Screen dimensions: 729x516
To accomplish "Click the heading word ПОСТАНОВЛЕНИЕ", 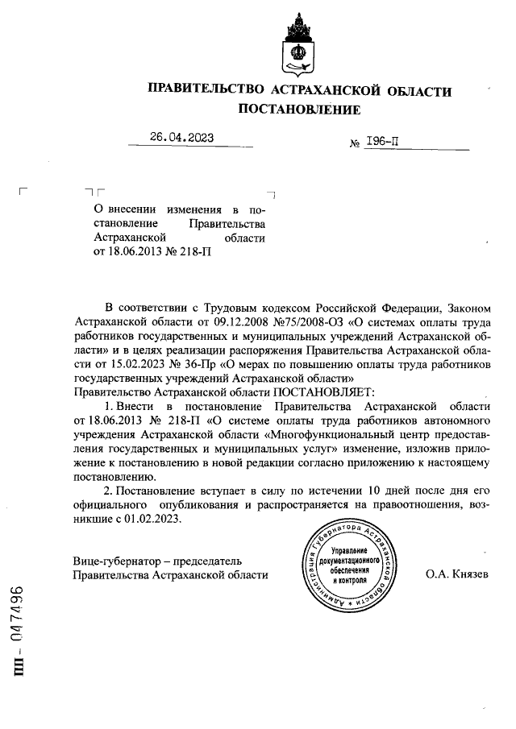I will click(299, 109).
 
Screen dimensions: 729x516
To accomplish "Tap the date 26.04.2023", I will click(182, 138).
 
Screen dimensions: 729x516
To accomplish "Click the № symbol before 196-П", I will click(354, 144).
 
